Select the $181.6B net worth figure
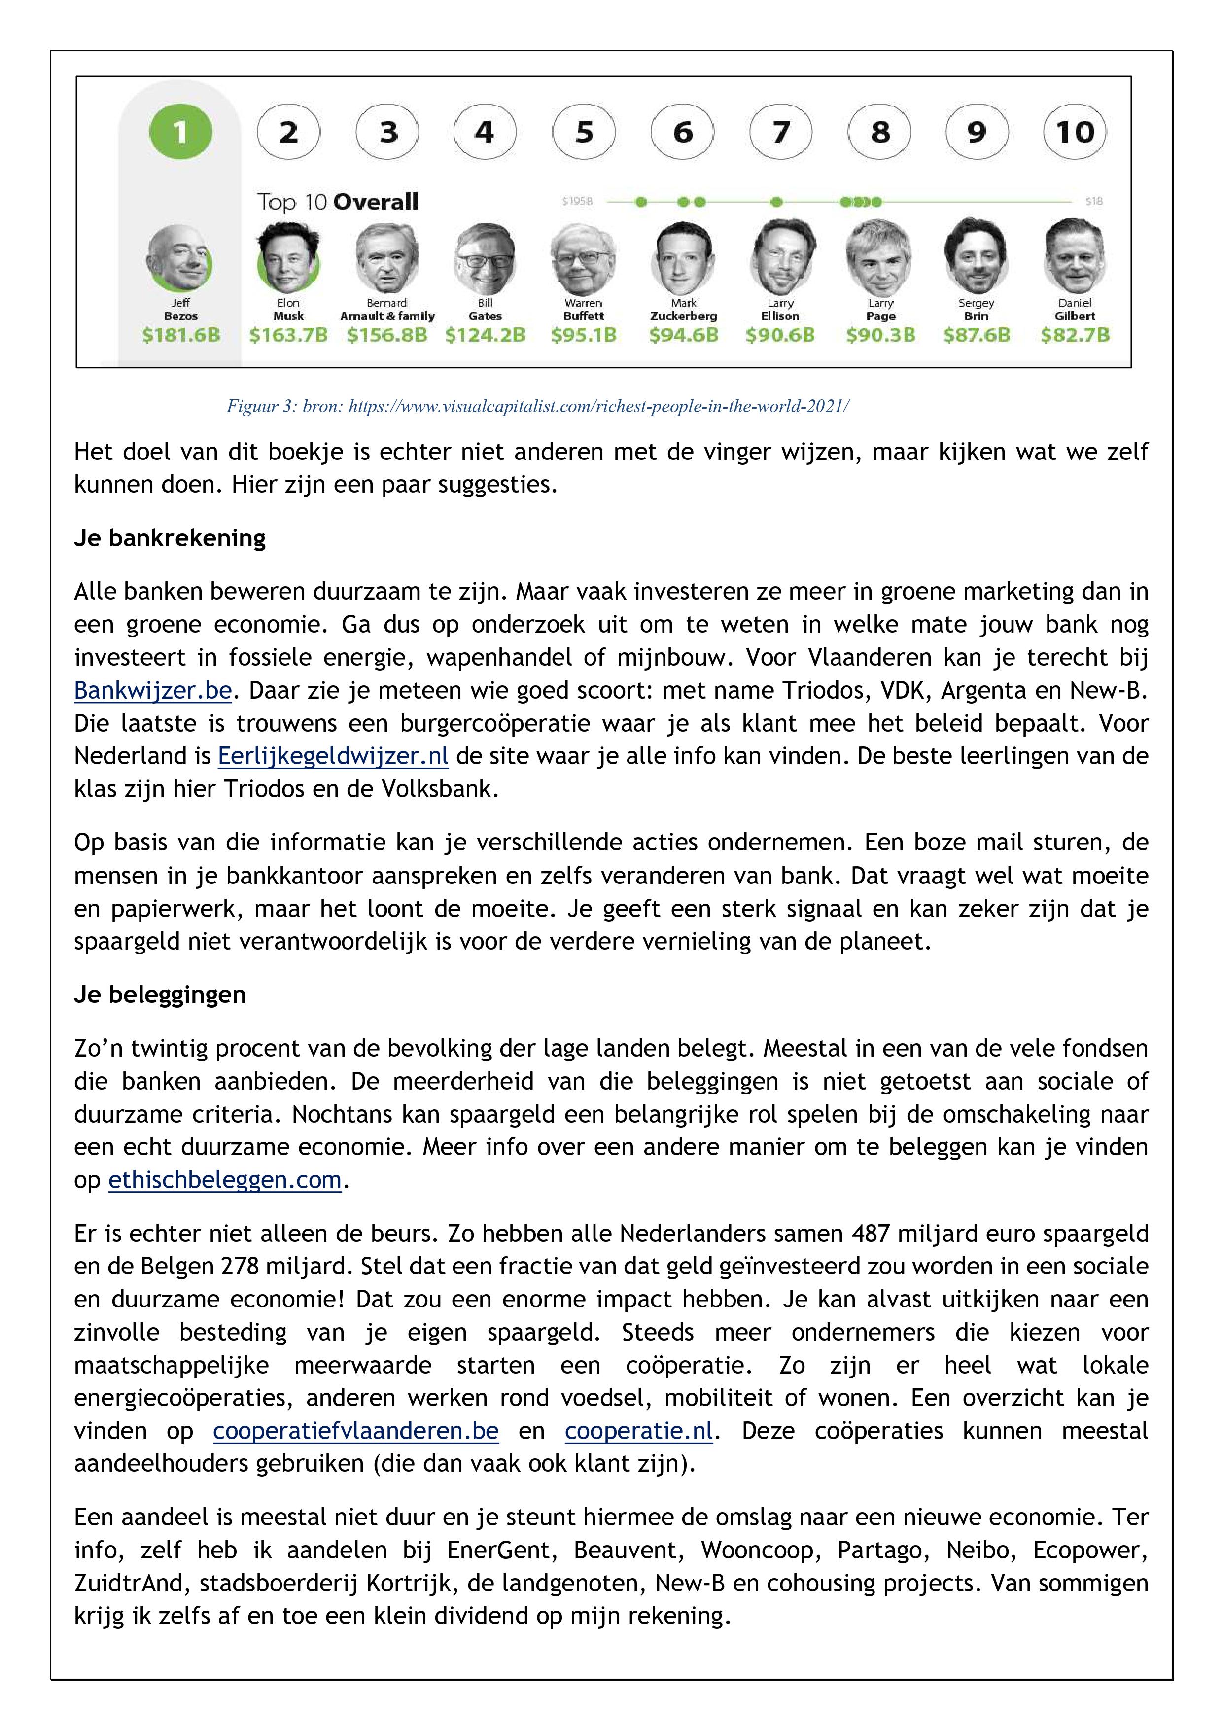pyautogui.click(x=181, y=335)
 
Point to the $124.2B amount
pyautogui.click(x=485, y=335)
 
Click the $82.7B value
pyautogui.click(x=1075, y=335)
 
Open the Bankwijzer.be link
pyautogui.click(x=152, y=690)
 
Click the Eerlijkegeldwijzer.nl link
pyautogui.click(x=333, y=756)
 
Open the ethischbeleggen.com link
pyautogui.click(x=225, y=1179)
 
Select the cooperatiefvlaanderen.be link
pyautogui.click(x=356, y=1430)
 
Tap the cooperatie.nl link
pyautogui.click(x=638, y=1430)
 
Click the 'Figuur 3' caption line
pyautogui.click(x=537, y=407)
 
